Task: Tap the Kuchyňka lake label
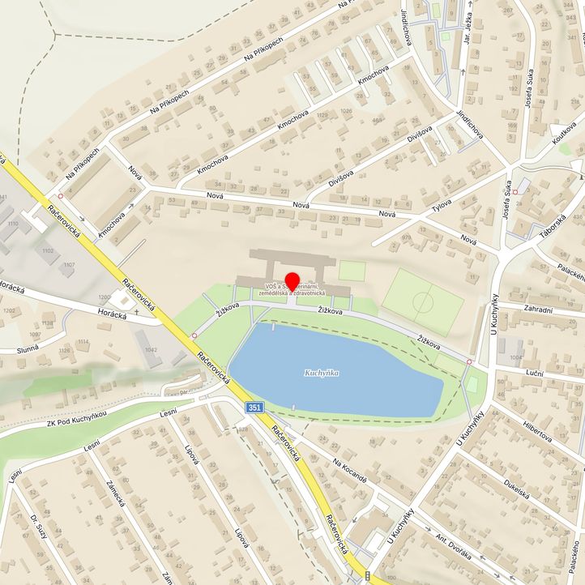click(321, 374)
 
